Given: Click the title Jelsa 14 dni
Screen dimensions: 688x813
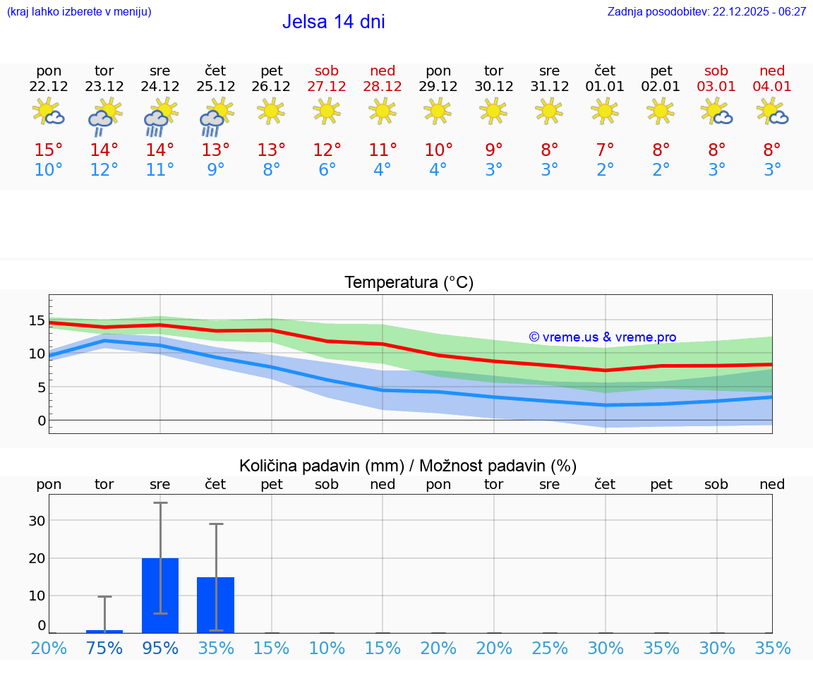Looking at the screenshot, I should [x=333, y=22].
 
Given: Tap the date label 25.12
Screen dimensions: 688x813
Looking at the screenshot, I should [x=215, y=87].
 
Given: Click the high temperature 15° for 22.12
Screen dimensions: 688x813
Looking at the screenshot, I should [x=49, y=150].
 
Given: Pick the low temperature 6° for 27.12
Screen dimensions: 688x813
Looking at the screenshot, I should [x=327, y=170].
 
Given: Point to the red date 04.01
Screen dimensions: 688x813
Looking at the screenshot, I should [x=772, y=87].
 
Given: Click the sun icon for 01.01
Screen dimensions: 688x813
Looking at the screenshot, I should [x=605, y=110].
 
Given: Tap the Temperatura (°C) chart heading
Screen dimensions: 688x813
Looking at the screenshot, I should [x=409, y=283].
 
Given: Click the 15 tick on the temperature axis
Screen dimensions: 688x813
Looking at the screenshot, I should [x=37, y=320].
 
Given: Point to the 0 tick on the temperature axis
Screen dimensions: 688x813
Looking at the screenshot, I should [x=41, y=421].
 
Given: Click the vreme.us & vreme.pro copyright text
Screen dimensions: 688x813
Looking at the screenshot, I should [x=603, y=337].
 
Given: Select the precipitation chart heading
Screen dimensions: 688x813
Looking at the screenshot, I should [x=408, y=466].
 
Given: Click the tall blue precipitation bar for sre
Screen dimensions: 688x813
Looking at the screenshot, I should [x=160, y=596].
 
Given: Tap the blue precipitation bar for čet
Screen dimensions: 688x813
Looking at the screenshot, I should [x=215, y=605].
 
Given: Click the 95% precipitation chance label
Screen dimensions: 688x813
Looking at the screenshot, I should [x=160, y=648].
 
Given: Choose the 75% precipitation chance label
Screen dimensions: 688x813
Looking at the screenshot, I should [x=104, y=648].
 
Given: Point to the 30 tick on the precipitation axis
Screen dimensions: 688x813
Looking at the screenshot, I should [x=37, y=521].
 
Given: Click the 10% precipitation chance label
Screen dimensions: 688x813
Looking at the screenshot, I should [x=327, y=648].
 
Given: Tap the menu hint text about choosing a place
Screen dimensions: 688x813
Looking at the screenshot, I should [x=79, y=12].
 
